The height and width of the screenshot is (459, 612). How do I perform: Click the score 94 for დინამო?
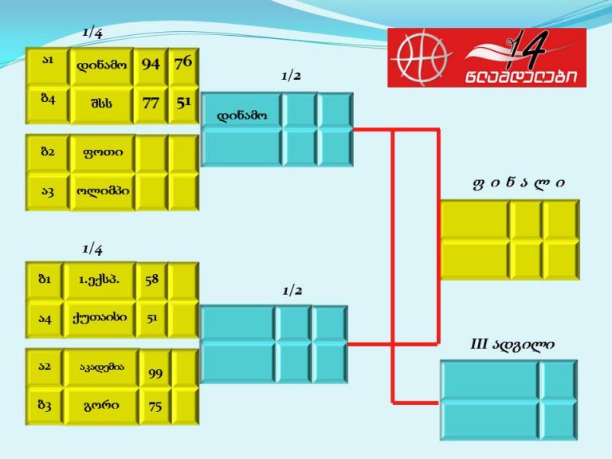[x=151, y=64]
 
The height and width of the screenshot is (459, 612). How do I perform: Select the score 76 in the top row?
[x=183, y=62]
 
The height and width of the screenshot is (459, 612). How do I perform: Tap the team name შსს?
[x=101, y=104]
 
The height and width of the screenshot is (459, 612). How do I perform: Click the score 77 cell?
[x=151, y=103]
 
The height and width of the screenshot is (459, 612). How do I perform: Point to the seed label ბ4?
[x=48, y=98]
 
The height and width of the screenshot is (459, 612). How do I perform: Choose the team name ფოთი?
[x=103, y=152]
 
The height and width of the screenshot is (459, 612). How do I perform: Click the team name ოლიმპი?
[x=103, y=191]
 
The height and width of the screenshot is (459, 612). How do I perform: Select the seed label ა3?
[x=48, y=191]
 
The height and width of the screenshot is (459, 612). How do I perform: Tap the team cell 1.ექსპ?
[x=99, y=280]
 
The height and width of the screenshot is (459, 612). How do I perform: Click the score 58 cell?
[x=152, y=280]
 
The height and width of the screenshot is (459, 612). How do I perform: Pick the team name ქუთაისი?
[x=100, y=317]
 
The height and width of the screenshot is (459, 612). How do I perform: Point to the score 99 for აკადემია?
[x=155, y=374]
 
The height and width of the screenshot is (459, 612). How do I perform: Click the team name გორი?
[x=101, y=405]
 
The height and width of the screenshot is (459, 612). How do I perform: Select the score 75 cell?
[x=155, y=406]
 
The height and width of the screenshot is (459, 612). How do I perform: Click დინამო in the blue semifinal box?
[x=242, y=116]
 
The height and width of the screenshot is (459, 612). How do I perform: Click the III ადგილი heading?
[x=512, y=344]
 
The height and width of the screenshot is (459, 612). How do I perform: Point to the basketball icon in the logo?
[x=422, y=57]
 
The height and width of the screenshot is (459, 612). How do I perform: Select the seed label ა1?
[x=48, y=60]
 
